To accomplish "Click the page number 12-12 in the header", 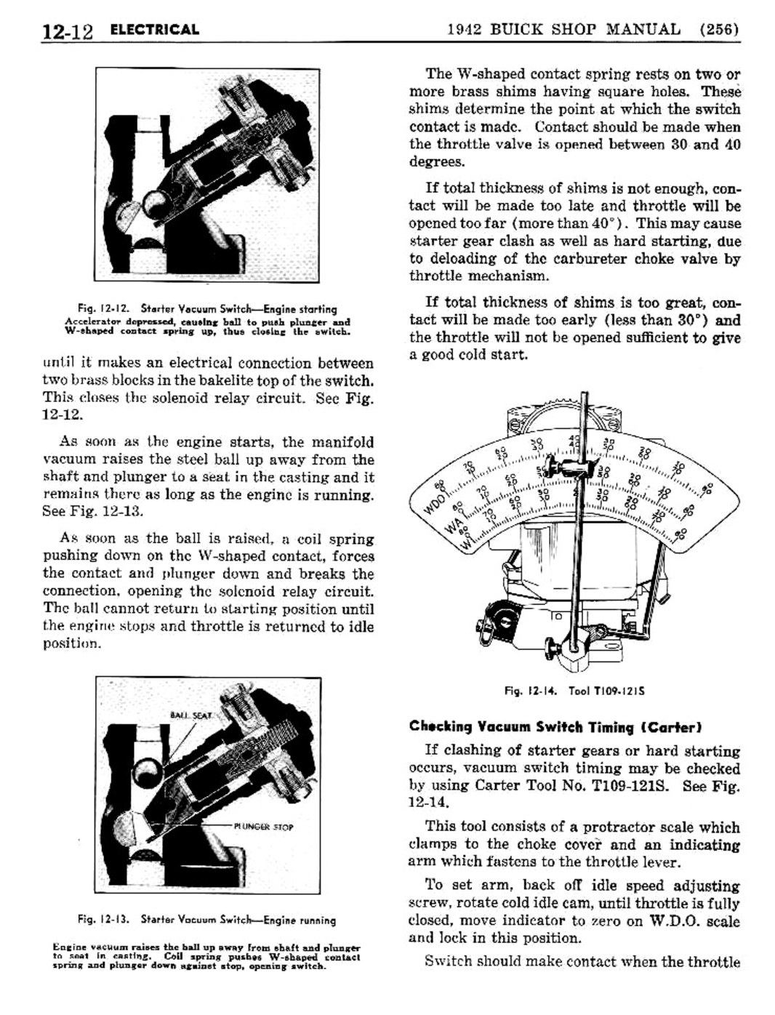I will [68, 31].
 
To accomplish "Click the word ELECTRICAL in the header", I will [154, 30].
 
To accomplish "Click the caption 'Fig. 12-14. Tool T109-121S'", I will [574, 691].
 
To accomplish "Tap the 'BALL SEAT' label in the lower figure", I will [190, 715].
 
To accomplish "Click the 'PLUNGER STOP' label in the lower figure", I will [263, 827].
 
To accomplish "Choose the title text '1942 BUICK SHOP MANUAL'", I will [563, 30].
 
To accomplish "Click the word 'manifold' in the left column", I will [342, 442].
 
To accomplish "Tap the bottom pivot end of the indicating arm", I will [577, 645].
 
